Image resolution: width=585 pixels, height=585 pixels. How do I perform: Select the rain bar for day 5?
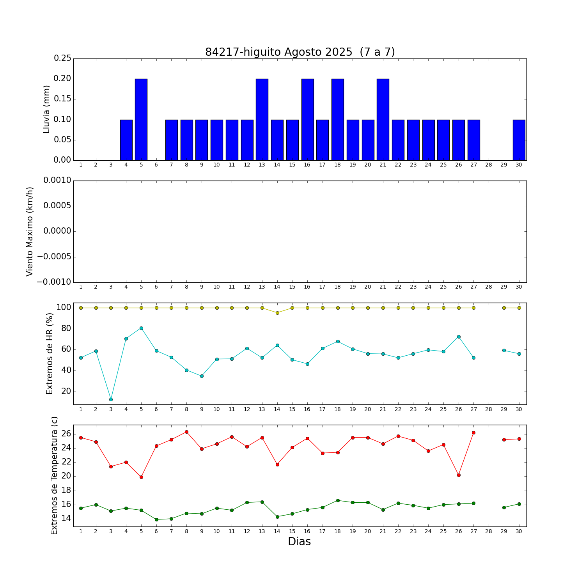[141, 119]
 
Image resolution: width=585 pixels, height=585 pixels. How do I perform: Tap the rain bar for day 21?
[383, 119]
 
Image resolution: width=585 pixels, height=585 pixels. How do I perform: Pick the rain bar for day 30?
[519, 140]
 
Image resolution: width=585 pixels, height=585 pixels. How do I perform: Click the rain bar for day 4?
[126, 140]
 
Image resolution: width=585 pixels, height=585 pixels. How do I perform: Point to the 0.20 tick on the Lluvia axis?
[62, 79]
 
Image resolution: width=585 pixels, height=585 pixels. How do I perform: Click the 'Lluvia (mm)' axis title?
[47, 109]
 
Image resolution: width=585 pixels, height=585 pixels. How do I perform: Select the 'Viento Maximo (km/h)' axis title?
[30, 232]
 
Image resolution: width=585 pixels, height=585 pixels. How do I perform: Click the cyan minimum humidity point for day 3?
[111, 399]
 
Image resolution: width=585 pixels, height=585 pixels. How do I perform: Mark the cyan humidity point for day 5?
[141, 328]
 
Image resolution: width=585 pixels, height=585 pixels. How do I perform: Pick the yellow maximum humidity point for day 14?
[277, 313]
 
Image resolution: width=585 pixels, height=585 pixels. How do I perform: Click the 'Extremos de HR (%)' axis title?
[50, 353]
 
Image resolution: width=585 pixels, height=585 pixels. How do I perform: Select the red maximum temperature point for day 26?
[459, 475]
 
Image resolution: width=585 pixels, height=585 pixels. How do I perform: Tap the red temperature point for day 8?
[186, 432]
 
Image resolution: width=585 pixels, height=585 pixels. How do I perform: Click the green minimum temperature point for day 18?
[338, 500]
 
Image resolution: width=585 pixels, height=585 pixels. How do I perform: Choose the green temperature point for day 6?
[156, 519]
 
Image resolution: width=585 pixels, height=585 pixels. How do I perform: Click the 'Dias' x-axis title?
[299, 542]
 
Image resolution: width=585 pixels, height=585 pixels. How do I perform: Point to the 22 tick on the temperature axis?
[66, 462]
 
